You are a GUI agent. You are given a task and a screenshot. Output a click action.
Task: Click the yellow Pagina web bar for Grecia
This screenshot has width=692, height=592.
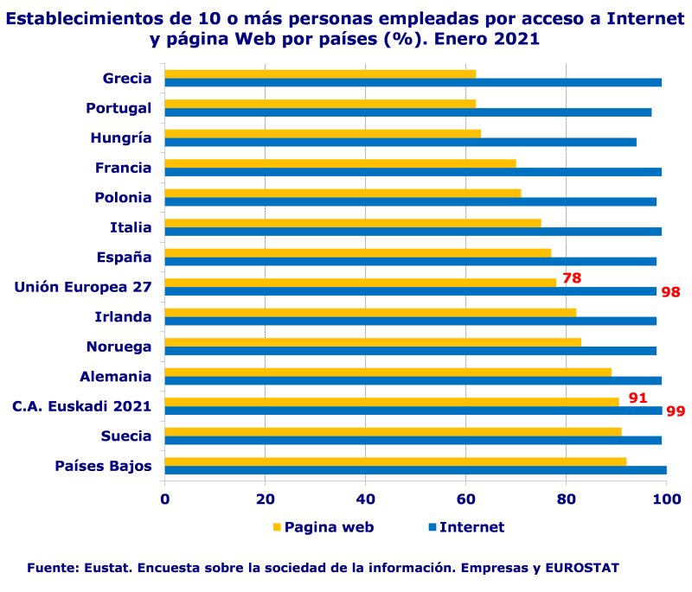[x=320, y=73]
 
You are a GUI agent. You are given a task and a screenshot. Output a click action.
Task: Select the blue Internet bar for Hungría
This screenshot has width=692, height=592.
[x=400, y=142]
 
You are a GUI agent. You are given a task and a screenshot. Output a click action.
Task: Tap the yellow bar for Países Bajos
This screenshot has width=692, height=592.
[x=395, y=462]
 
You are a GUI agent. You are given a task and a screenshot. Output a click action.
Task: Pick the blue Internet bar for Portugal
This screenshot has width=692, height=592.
[x=407, y=112]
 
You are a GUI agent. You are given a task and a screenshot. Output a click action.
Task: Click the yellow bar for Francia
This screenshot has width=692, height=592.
[x=340, y=163]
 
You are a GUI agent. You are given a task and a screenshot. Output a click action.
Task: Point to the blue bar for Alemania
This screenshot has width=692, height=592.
[x=413, y=380]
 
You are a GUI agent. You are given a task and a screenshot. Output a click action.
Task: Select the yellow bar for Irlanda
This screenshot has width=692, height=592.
[x=370, y=312]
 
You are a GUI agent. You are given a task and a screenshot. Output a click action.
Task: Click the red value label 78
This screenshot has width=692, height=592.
[x=572, y=278]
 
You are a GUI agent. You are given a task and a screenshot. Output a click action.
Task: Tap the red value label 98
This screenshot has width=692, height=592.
[x=671, y=292]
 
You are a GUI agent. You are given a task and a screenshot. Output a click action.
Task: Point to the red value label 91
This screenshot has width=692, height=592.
[x=638, y=398]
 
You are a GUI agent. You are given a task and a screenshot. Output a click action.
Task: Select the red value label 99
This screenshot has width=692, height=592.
[x=676, y=411]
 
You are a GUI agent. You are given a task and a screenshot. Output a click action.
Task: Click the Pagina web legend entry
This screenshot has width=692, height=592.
[x=324, y=527]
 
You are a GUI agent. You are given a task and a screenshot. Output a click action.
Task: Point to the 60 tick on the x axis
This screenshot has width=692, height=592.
[x=466, y=499]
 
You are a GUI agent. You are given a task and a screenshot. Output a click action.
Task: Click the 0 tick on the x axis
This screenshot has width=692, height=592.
[x=165, y=499]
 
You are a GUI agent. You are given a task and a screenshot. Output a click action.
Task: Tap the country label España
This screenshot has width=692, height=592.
[x=124, y=257]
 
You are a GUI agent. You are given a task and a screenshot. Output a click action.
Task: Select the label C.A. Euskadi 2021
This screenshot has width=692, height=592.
[x=81, y=406]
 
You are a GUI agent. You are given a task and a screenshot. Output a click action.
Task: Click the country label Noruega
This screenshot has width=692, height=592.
[x=119, y=347]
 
